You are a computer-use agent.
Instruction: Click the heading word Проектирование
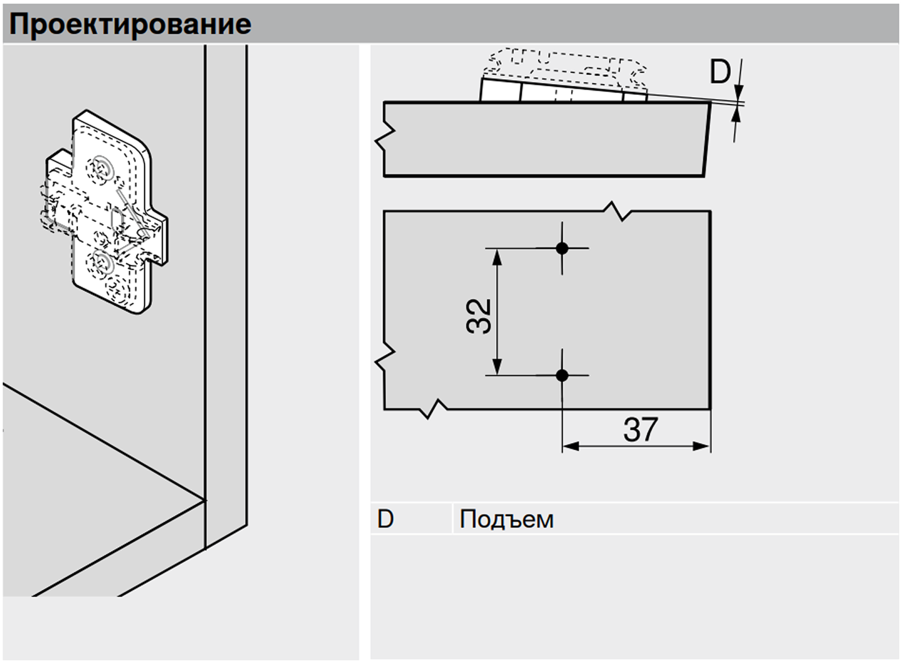click(130, 24)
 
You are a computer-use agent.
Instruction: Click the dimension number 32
click(479, 315)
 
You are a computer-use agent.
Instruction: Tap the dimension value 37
click(640, 430)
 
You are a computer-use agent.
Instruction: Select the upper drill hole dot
click(562, 248)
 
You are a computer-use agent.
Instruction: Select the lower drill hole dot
click(562, 375)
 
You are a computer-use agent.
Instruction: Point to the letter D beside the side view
click(720, 73)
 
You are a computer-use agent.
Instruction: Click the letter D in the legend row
click(386, 519)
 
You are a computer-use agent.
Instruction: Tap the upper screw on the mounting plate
click(102, 167)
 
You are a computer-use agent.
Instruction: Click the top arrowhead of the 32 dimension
click(497, 257)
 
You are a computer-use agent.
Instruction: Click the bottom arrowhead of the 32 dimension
click(497, 367)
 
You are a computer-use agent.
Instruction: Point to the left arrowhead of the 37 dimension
click(571, 447)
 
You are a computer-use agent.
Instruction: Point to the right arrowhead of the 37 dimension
click(702, 447)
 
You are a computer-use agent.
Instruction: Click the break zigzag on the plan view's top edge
click(617, 211)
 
